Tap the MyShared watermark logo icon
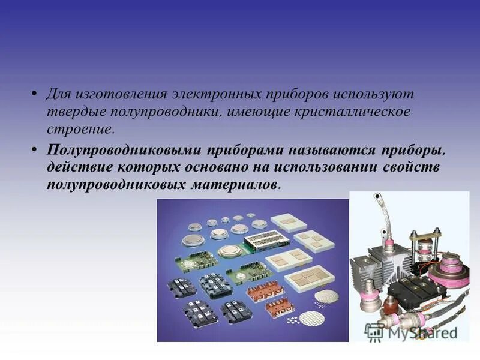(x=375, y=332)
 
